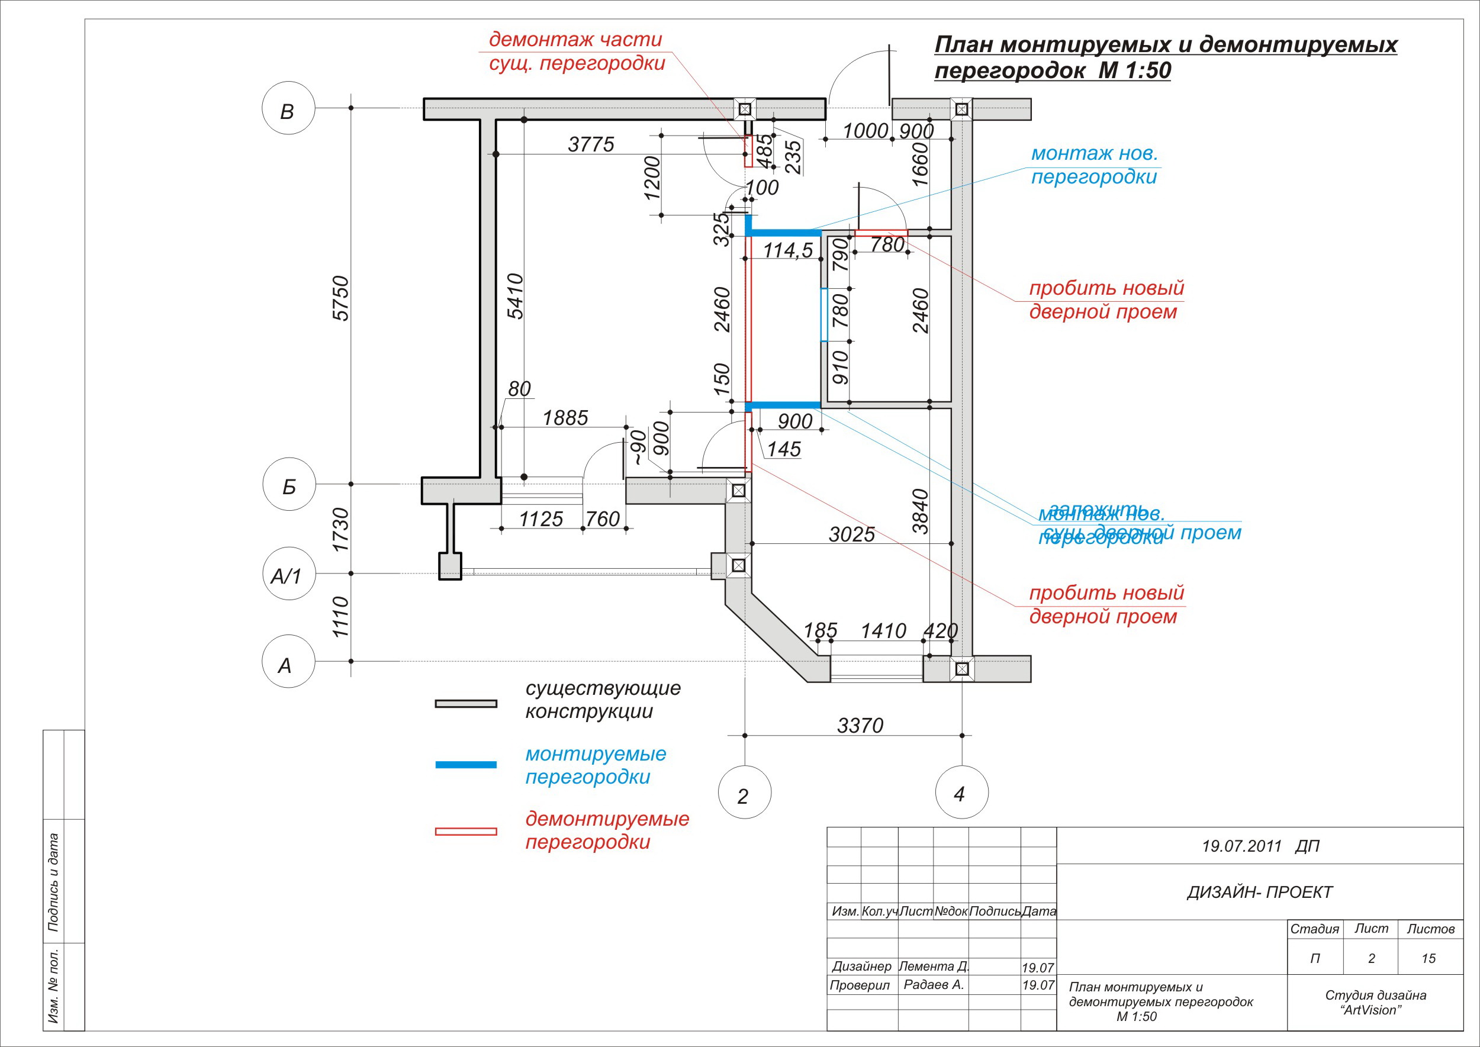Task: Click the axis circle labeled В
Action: tap(288, 108)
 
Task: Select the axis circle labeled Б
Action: tap(289, 484)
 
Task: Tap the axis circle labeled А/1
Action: tap(288, 574)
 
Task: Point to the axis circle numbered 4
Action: tap(961, 793)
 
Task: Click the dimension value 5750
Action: tap(340, 298)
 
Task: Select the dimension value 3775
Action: tap(591, 144)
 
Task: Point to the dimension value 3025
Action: tap(851, 534)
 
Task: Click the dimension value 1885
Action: tap(565, 418)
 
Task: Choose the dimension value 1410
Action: tap(883, 630)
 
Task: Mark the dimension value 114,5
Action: tap(787, 250)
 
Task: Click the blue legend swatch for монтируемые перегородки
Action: tap(465, 765)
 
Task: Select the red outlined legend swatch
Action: tap(465, 832)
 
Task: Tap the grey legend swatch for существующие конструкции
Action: tap(465, 703)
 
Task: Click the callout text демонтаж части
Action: tap(575, 39)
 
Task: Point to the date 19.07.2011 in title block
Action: tap(1241, 846)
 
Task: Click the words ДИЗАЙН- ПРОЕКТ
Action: tap(1259, 893)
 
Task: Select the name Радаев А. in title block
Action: tap(933, 984)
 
